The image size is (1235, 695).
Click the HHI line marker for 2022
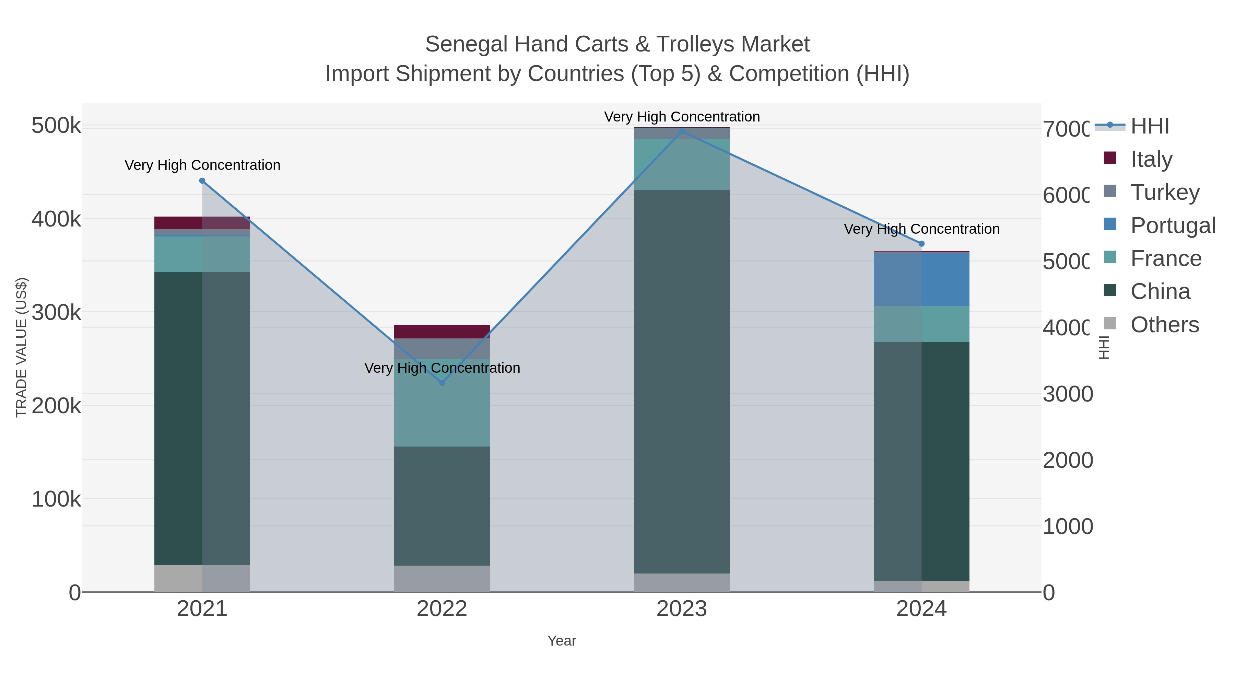point(442,383)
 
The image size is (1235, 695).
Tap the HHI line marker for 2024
point(921,244)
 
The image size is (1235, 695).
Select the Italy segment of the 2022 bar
point(442,332)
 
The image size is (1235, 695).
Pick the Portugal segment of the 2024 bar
point(921,279)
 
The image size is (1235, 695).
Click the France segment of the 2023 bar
point(681,164)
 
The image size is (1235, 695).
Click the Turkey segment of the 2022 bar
point(442,349)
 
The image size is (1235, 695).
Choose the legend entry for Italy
point(1151,159)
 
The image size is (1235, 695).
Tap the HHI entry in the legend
point(1149,126)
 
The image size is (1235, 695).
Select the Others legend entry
point(1164,325)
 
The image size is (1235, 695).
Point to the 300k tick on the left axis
point(56,313)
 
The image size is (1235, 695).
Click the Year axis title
point(561,641)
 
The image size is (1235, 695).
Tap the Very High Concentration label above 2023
point(681,117)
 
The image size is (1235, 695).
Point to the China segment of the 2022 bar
point(442,506)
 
